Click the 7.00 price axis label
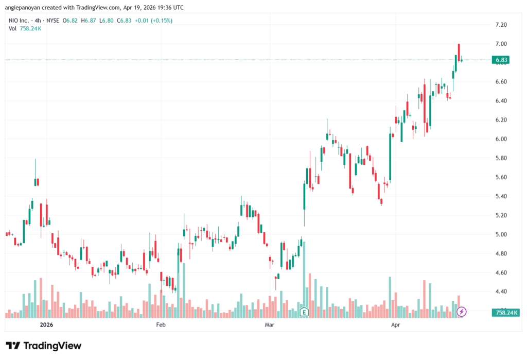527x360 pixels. pos(501,44)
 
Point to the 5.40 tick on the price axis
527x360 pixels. pos(501,196)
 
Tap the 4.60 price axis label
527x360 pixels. pos(501,272)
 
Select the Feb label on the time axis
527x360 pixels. pos(161,324)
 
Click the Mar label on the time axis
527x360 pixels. pos(269,324)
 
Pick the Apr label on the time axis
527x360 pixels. pos(395,324)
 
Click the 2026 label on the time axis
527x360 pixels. pos(46,324)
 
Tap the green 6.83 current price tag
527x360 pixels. pos(500,60)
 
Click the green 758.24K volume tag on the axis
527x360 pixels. pos(506,313)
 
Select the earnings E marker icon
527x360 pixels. pos(304,312)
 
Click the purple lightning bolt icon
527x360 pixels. pos(462,312)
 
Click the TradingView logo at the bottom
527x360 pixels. pos(43,346)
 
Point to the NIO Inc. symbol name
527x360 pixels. pos(19,21)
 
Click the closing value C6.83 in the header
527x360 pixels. pos(124,21)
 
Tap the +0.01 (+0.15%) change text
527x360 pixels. pos(153,21)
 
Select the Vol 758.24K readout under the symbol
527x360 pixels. pos(25,29)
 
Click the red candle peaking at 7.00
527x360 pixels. pos(459,53)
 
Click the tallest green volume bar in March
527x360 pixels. pos(304,280)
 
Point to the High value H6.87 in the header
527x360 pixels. pos(89,21)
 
